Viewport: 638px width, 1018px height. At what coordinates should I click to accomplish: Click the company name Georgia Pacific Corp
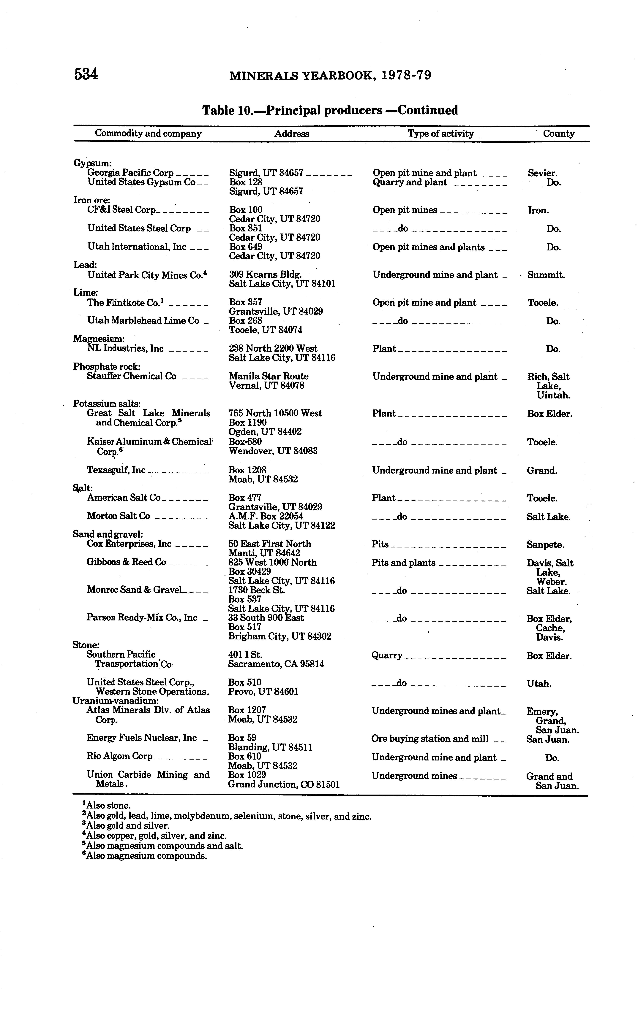pyautogui.click(x=130, y=173)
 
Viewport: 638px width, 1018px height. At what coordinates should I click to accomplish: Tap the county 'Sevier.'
pyautogui.click(x=542, y=173)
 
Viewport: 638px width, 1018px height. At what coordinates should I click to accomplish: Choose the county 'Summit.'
pyautogui.click(x=546, y=275)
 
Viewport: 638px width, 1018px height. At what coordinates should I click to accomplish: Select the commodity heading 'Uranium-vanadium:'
pyautogui.click(x=116, y=701)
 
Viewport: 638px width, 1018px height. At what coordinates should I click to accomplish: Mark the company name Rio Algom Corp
pyautogui.click(x=119, y=757)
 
